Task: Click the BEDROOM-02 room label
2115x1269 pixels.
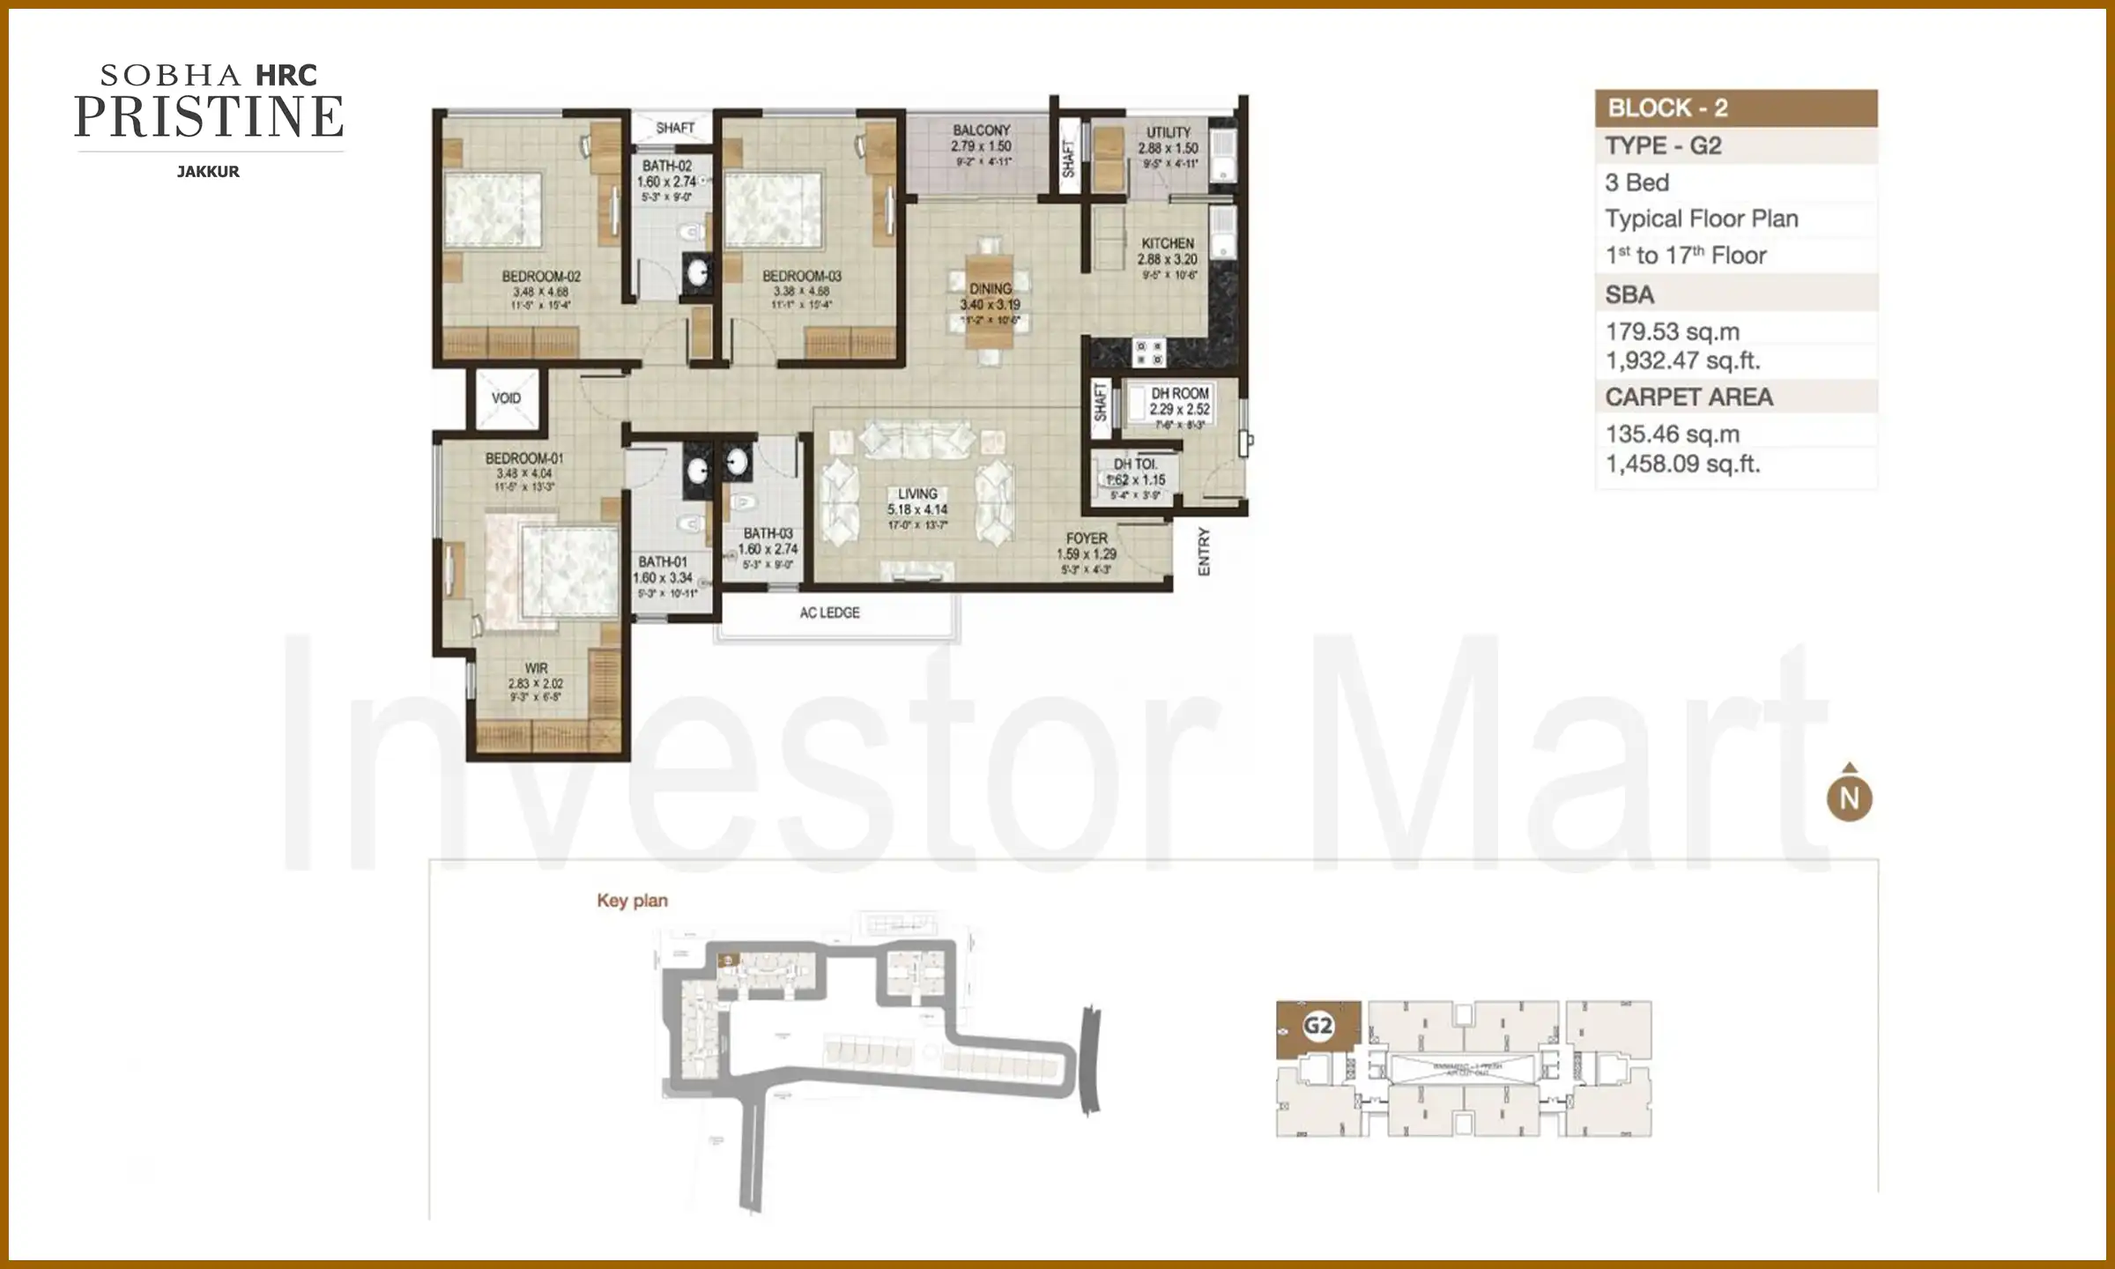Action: click(x=540, y=277)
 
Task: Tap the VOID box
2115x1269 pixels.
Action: click(x=506, y=398)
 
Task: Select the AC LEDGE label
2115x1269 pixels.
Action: click(x=829, y=612)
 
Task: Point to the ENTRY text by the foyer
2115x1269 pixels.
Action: click(x=1204, y=552)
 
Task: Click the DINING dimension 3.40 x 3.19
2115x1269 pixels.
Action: click(x=990, y=304)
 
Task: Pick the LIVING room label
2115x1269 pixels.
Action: click(x=917, y=493)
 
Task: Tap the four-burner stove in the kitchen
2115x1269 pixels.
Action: click(x=1147, y=352)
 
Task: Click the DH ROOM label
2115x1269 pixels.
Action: click(x=1179, y=393)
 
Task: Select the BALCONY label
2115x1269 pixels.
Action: click(x=981, y=130)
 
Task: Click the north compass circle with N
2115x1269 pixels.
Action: click(x=1849, y=798)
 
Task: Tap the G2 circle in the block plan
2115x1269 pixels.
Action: click(x=1318, y=1026)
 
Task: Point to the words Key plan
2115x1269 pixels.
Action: click(x=632, y=901)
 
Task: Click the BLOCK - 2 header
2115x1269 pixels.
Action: click(x=1667, y=108)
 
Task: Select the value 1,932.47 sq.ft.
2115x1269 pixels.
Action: click(x=1681, y=360)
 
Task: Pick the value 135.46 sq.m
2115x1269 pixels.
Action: click(x=1672, y=434)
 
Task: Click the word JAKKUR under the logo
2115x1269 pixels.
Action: click(x=208, y=172)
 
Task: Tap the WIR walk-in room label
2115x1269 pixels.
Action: click(x=536, y=668)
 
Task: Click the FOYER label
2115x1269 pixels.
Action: click(x=1086, y=538)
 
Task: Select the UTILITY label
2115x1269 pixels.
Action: click(x=1168, y=132)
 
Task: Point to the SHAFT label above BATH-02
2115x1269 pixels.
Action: click(x=675, y=128)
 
